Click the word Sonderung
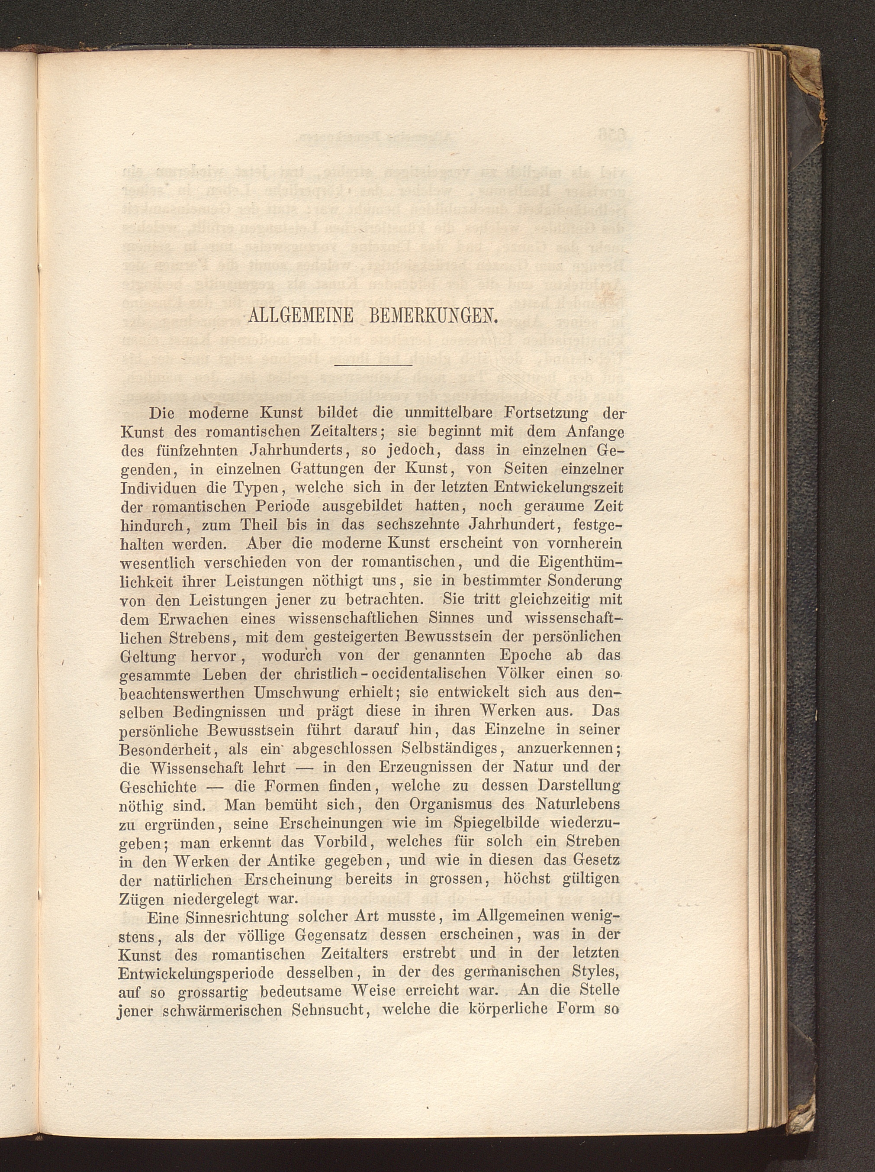pyautogui.click(x=585, y=581)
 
